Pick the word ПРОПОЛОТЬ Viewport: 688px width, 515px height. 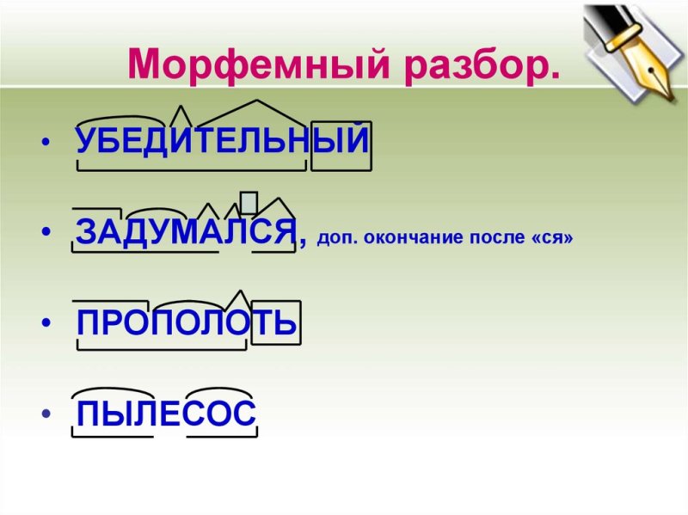pyautogui.click(x=187, y=323)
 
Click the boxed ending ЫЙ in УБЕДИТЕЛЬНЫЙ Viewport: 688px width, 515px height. pyautogui.click(x=341, y=141)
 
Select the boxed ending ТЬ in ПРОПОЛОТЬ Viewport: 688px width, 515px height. pyautogui.click(x=275, y=323)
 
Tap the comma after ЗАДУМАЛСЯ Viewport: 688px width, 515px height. pyautogui.click(x=302, y=244)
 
